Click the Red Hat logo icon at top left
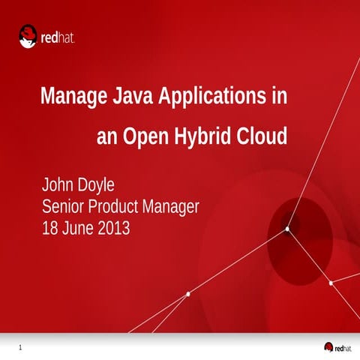(x=28, y=35)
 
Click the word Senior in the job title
(x=64, y=206)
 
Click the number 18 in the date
(x=50, y=227)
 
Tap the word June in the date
(x=79, y=227)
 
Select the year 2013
(x=114, y=227)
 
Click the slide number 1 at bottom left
(x=20, y=347)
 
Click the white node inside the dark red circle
(x=286, y=229)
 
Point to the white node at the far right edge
(x=331, y=283)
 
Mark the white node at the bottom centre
(x=187, y=294)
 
